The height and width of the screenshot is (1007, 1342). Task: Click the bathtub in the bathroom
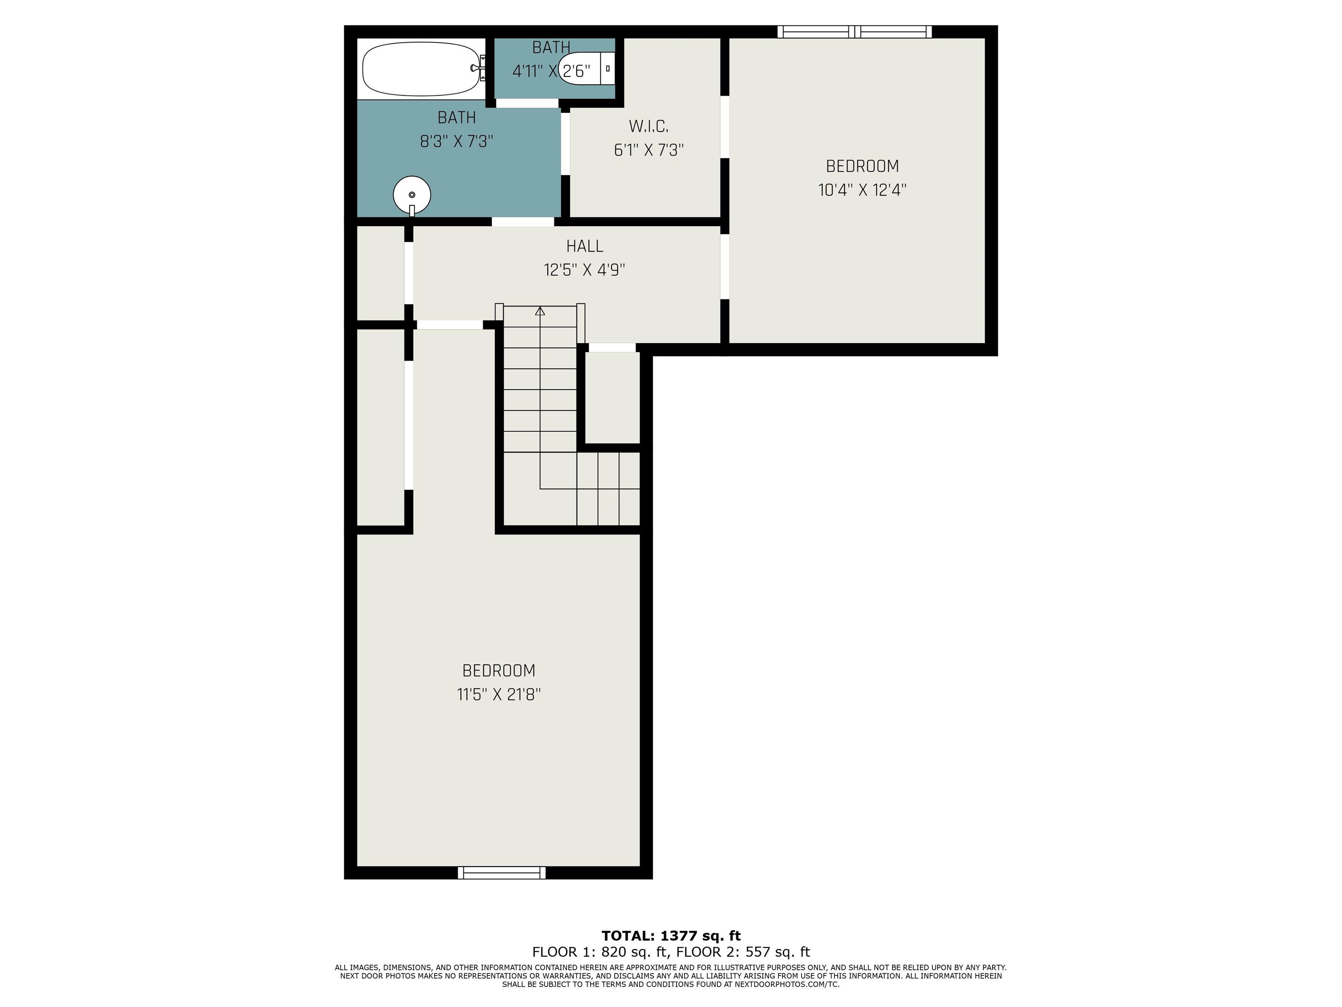click(x=421, y=69)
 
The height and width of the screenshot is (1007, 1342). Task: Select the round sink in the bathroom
click(x=412, y=195)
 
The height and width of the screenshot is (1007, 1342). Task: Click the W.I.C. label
click(x=649, y=127)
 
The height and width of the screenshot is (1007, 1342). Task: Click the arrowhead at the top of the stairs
click(x=540, y=311)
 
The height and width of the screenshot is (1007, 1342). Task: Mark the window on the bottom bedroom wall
click(x=502, y=873)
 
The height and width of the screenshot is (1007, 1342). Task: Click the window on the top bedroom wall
click(x=855, y=31)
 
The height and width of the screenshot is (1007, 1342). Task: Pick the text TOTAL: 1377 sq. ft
click(x=671, y=935)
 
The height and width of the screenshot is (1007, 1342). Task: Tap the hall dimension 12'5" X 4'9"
click(x=585, y=270)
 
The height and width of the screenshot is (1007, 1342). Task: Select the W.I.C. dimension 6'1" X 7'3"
click(x=649, y=150)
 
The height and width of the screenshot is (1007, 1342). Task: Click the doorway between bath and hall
click(x=523, y=222)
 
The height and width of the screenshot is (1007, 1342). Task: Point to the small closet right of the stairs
click(x=612, y=398)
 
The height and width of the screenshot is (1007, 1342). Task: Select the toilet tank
click(x=607, y=69)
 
